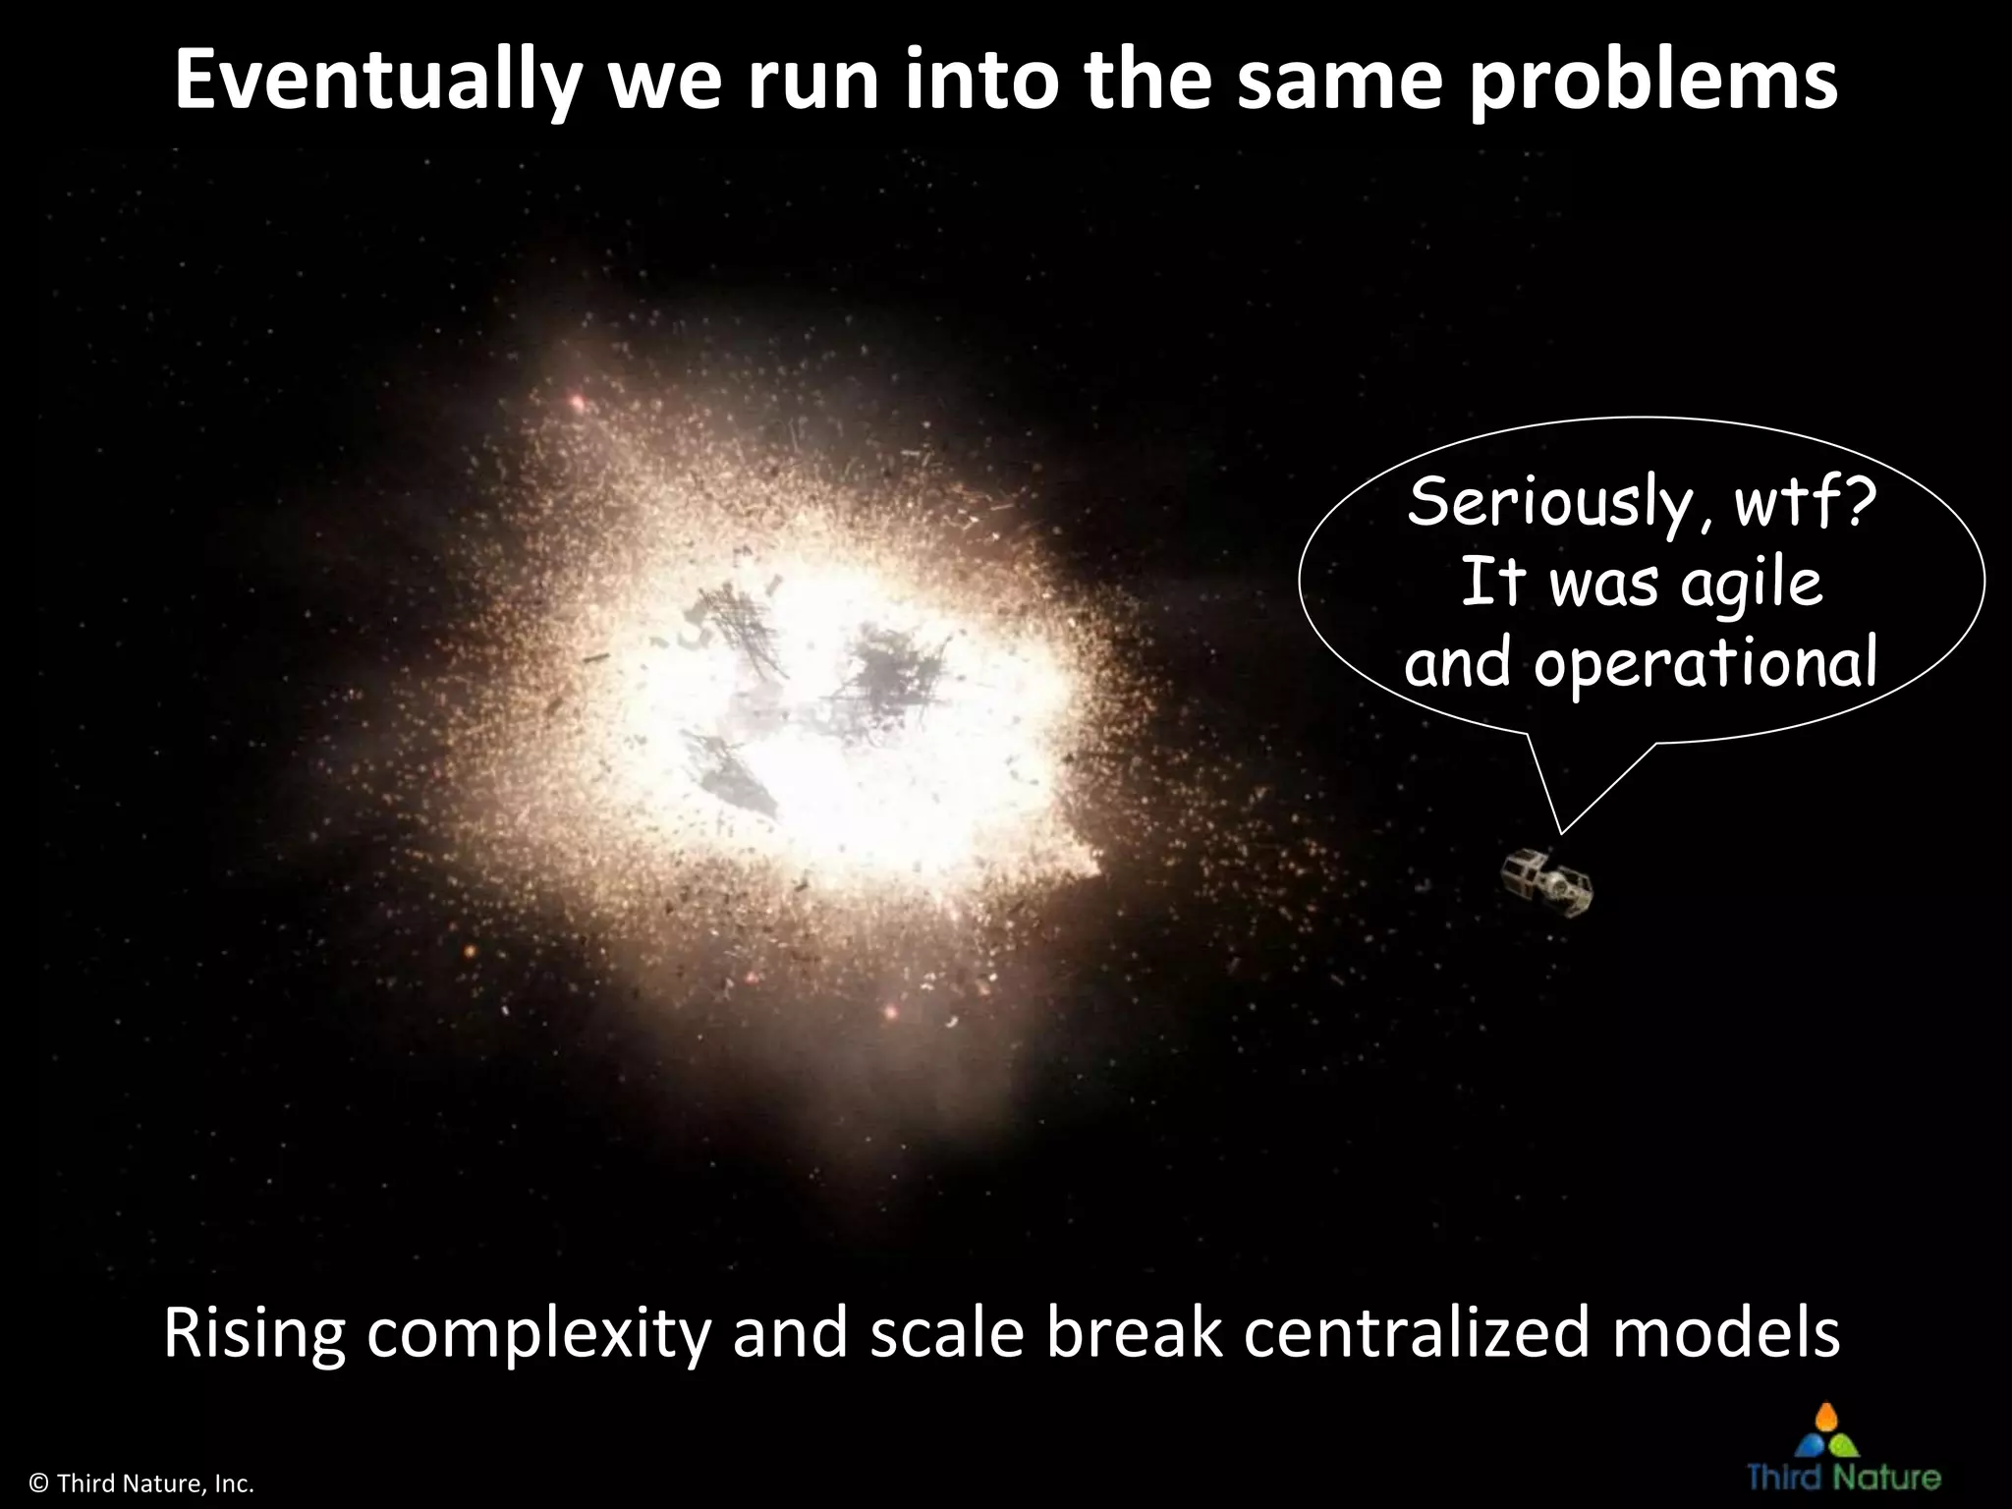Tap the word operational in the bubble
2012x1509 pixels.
[x=1705, y=664]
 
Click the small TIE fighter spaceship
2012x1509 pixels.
[x=1546, y=883]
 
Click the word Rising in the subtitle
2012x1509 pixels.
[x=253, y=1334]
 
